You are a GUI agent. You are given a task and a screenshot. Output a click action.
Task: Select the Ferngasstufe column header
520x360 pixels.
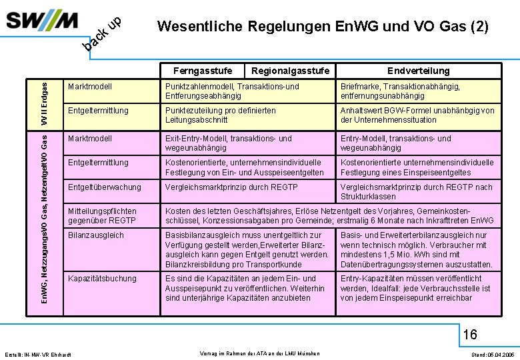click(x=203, y=71)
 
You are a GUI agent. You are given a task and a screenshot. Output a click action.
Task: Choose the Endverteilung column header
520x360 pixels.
click(x=419, y=71)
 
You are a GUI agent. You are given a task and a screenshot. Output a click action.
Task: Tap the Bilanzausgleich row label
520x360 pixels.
click(x=96, y=235)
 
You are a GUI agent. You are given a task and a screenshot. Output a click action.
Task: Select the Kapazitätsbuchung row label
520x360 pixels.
click(x=102, y=279)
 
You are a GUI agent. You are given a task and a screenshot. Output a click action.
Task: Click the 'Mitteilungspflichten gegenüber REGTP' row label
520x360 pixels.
click(x=102, y=216)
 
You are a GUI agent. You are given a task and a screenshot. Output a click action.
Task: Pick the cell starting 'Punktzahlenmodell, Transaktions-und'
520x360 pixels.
click(x=232, y=91)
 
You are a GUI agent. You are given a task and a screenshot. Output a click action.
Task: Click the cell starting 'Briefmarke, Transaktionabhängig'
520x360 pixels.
click(x=409, y=91)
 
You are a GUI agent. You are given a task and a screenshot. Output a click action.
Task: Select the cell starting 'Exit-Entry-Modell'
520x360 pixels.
click(x=228, y=143)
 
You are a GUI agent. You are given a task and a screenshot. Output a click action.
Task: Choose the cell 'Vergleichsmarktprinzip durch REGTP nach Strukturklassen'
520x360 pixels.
click(x=417, y=192)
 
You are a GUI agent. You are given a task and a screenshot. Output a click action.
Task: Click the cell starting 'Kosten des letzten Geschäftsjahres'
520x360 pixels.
click(x=329, y=216)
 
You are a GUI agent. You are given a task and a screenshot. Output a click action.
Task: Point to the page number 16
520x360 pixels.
click(x=470, y=333)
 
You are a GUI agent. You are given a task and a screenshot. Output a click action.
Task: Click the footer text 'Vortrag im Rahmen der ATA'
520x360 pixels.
click(x=259, y=353)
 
